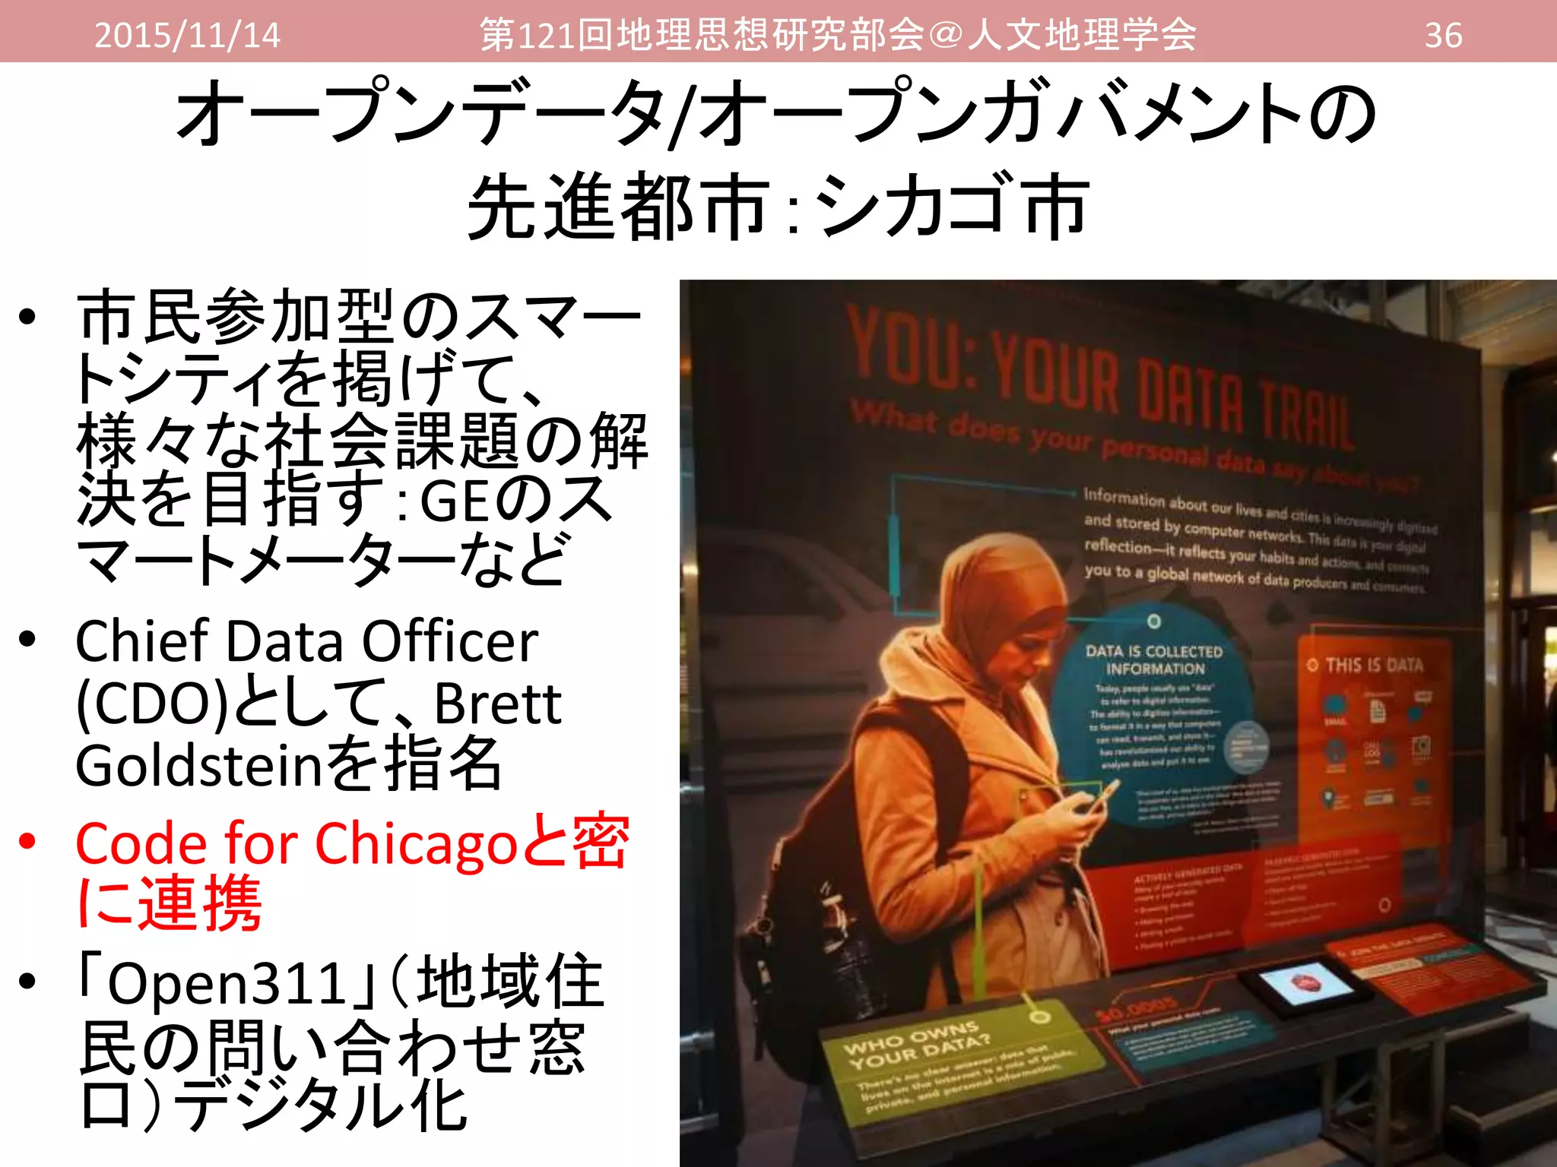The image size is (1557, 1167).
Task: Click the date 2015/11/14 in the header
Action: click(x=187, y=35)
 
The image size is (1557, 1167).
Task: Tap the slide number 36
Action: click(x=1443, y=35)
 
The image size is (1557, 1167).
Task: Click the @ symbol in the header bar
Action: click(x=946, y=35)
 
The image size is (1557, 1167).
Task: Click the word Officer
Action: click(x=450, y=640)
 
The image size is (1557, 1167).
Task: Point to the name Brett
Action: click(x=497, y=704)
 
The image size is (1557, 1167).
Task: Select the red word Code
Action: click(x=141, y=843)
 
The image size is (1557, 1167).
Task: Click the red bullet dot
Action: click(x=28, y=841)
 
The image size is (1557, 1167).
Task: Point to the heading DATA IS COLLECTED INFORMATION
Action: click(x=1154, y=660)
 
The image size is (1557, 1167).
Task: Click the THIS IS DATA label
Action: click(x=1373, y=666)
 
